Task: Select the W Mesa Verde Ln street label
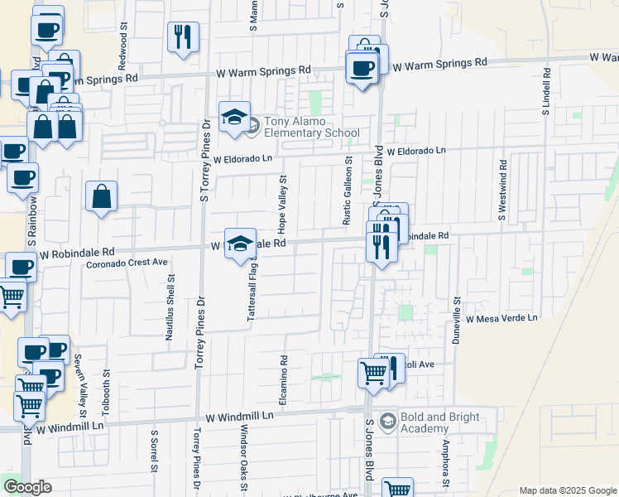pyautogui.click(x=501, y=318)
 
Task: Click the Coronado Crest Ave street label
pyautogui.click(x=127, y=263)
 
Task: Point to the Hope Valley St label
pyautogui.click(x=283, y=203)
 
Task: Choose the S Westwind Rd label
pyautogui.click(x=501, y=190)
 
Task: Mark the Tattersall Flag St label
pyautogui.click(x=252, y=292)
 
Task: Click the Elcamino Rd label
pyautogui.click(x=284, y=384)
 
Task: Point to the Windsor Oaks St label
pyautogui.click(x=244, y=458)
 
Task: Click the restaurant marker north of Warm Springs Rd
pyautogui.click(x=182, y=37)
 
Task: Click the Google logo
pyautogui.click(x=27, y=487)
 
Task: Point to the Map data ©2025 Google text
pyautogui.click(x=566, y=490)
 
